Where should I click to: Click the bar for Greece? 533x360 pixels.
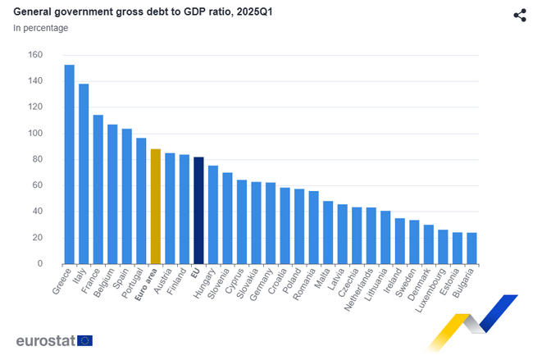pos(69,164)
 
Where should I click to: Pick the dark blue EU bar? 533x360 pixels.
pos(198,210)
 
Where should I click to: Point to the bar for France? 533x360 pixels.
pos(98,189)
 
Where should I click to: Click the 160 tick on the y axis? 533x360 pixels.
pos(34,55)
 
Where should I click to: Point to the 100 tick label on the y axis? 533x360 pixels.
pos(34,134)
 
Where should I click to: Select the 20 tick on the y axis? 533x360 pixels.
pos(37,238)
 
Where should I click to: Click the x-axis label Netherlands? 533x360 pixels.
pos(358,288)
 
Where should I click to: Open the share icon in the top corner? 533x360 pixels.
pos(519,15)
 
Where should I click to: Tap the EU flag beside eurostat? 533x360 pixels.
pos(84,340)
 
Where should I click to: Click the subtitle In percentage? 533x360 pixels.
pos(40,28)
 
